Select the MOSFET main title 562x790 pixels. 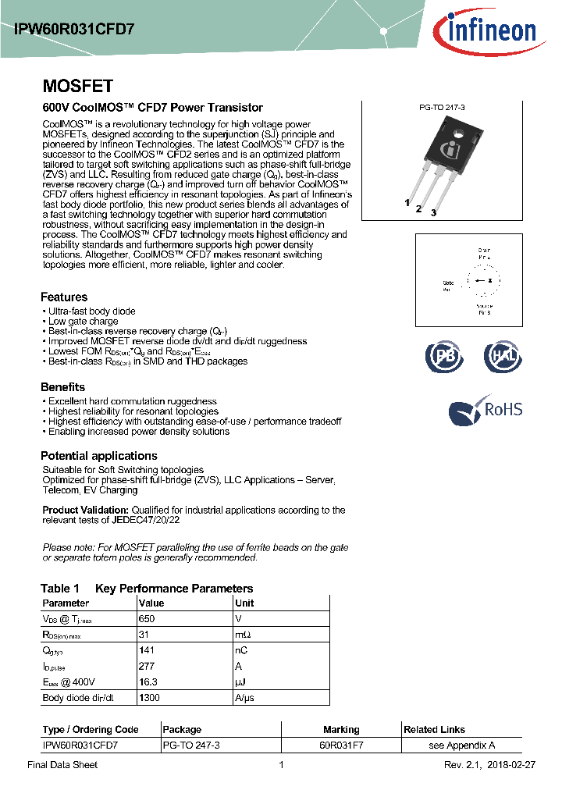tap(77, 86)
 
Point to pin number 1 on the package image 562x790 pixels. tap(407, 202)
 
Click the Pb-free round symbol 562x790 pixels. tap(443, 356)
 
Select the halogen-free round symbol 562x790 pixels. tap(503, 356)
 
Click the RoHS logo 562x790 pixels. tap(486, 409)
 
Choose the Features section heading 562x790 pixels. tap(64, 297)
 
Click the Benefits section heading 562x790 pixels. tap(62, 387)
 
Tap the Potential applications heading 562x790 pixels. tap(99, 456)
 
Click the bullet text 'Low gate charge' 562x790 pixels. tap(83, 321)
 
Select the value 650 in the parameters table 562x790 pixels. tap(147, 618)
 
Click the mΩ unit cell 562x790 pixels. tap(243, 635)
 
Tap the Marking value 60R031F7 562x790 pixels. tap(341, 746)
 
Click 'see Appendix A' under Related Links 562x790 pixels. tap(462, 746)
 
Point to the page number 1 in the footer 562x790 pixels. tap(281, 765)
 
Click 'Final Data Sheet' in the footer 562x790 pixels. tap(62, 765)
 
